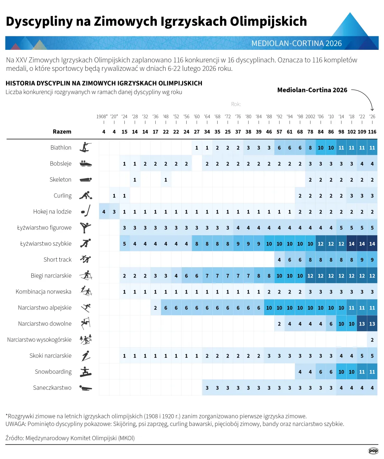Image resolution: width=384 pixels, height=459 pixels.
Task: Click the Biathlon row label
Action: (61, 148)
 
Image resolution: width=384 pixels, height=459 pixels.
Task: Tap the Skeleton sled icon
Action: (86, 180)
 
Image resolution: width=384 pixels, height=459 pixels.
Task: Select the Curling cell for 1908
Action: (104, 196)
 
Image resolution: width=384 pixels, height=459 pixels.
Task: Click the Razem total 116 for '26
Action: (372, 132)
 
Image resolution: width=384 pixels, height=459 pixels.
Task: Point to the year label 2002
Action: (310, 117)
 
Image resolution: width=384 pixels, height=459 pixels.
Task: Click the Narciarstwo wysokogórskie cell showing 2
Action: (372, 340)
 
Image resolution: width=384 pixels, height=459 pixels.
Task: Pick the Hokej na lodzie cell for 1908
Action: (104, 212)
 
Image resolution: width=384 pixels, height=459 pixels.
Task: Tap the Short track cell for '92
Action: (279, 260)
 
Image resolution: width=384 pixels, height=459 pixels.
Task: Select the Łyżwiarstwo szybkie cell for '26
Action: (372, 244)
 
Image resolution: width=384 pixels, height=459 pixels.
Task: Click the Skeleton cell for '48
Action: (166, 180)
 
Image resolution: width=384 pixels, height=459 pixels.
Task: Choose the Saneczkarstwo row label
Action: (52, 388)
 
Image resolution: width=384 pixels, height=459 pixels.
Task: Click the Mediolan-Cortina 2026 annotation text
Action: (312, 90)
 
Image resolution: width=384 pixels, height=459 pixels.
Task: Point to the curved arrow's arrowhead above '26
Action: (372, 109)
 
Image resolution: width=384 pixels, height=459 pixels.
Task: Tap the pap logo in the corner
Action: (373, 451)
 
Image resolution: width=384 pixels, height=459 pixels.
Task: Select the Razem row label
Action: (62, 132)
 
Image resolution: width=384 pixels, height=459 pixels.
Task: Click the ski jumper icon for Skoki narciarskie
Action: (86, 356)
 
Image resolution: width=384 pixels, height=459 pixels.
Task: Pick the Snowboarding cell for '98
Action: (300, 372)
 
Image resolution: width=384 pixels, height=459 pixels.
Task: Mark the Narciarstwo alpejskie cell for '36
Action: (155, 308)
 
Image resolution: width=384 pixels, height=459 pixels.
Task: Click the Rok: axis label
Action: (236, 104)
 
